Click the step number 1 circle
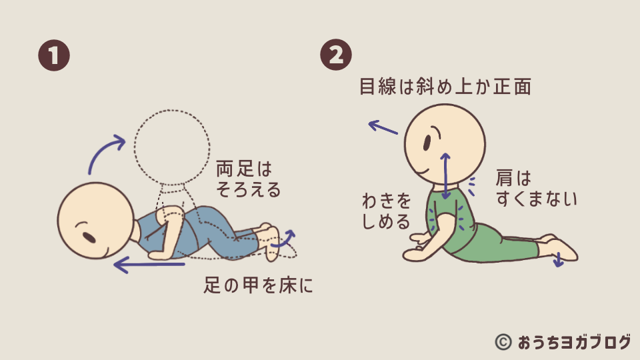[53, 55]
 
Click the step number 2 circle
[337, 55]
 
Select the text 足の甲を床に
[258, 286]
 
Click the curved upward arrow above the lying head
[105, 152]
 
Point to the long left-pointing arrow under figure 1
[148, 266]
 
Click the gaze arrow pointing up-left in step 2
[383, 126]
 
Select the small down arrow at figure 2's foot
[559, 260]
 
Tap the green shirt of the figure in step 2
[460, 223]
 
